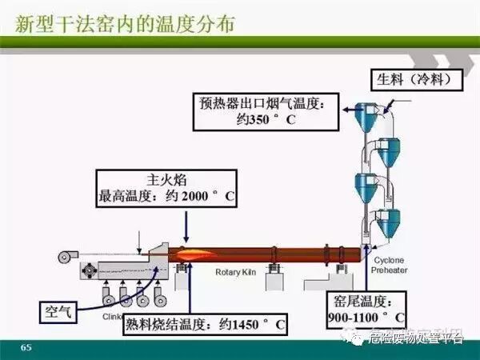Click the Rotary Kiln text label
point(234,272)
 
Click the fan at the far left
point(63,258)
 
